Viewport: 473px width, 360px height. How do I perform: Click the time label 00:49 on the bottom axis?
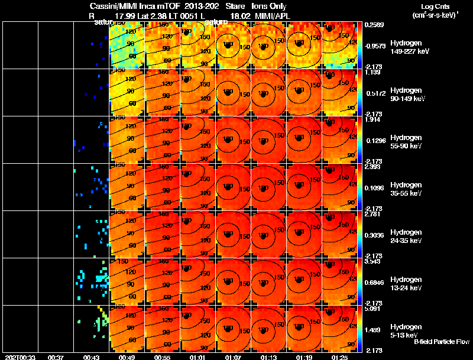(127, 356)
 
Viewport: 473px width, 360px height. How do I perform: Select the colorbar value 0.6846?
(376, 277)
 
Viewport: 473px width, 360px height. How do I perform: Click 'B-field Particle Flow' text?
(441, 342)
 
